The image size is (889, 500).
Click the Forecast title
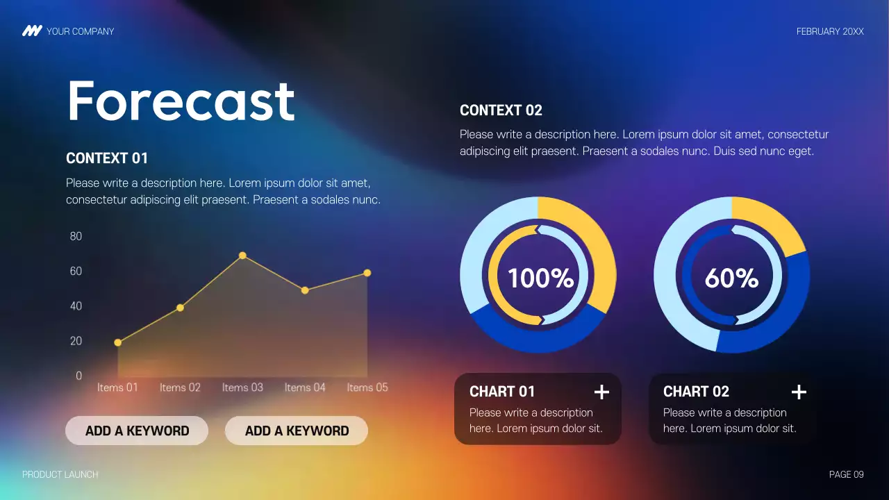181,101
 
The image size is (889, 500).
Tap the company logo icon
32,31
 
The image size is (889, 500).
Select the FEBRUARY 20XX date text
830,31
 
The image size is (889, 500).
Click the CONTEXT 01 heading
107,158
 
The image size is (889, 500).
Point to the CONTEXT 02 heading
501,110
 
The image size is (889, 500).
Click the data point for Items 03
242,256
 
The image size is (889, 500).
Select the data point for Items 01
118,342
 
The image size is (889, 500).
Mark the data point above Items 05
367,273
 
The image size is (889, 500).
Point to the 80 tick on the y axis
76,236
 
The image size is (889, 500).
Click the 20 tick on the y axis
76,341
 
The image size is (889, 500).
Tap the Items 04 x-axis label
305,387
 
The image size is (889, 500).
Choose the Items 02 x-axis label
180,387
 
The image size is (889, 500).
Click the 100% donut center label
540,278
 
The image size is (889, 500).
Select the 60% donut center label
731,278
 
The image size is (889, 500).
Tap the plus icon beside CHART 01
601,392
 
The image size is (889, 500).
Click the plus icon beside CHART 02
799,392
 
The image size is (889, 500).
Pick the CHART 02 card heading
696,392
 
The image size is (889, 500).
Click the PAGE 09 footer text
846,474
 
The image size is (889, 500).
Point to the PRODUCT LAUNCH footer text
60,474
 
